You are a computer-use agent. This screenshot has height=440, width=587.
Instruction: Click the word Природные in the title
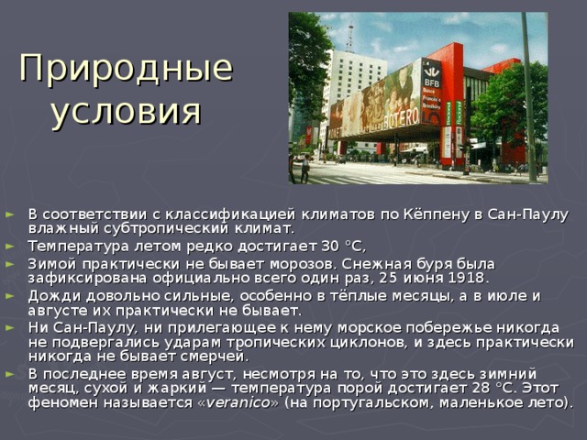click(x=125, y=70)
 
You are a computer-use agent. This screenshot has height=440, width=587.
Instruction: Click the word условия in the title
click(x=125, y=112)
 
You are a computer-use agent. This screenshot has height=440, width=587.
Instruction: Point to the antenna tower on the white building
click(x=349, y=35)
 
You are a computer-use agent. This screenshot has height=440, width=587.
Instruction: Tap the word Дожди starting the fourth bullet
click(x=51, y=295)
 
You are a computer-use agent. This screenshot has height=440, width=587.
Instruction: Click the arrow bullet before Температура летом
click(x=11, y=245)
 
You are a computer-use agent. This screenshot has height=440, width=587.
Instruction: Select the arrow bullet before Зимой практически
click(x=11, y=263)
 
